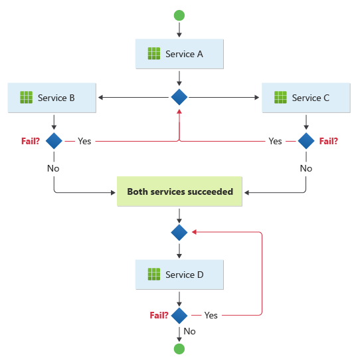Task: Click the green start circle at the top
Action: (x=179, y=15)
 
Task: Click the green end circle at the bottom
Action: (x=179, y=348)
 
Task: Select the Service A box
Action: (x=179, y=54)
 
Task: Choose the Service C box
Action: (x=306, y=98)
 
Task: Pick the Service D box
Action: (x=179, y=275)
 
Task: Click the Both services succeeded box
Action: (x=179, y=191)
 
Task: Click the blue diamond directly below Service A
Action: (x=179, y=98)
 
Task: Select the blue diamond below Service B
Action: (x=53, y=141)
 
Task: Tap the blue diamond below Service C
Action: (x=306, y=141)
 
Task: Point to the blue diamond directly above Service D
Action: (x=179, y=233)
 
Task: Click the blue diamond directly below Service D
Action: (x=179, y=315)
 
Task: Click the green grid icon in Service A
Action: (x=154, y=54)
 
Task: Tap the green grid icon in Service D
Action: (x=154, y=275)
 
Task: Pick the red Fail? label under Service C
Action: (x=329, y=141)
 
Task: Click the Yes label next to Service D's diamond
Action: (x=211, y=315)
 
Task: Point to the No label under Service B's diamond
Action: (x=53, y=168)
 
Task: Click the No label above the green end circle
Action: (x=189, y=331)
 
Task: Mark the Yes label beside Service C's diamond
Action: (x=275, y=141)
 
